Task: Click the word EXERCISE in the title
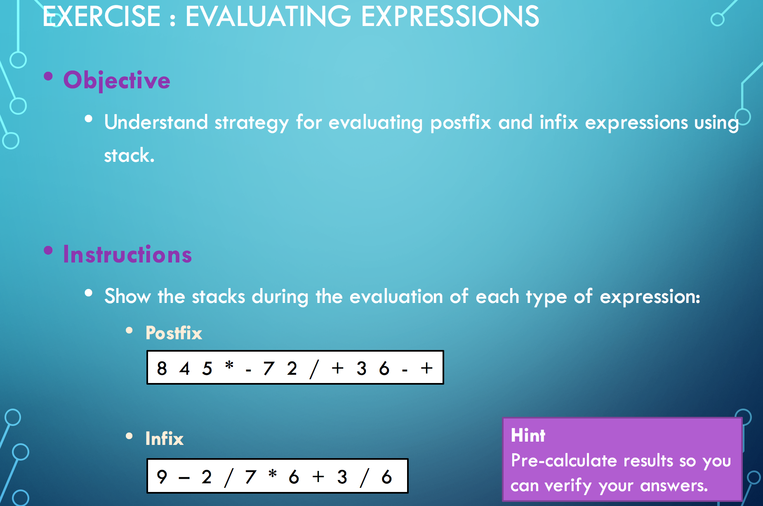click(x=101, y=16)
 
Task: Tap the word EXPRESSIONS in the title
click(x=450, y=16)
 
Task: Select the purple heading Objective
click(x=117, y=80)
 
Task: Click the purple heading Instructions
click(x=127, y=254)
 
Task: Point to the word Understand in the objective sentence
click(x=156, y=122)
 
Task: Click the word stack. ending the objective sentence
click(x=129, y=156)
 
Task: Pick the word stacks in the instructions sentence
click(x=219, y=297)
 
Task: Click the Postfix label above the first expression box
click(x=174, y=333)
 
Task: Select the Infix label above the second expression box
click(x=164, y=439)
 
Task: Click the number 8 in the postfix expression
click(x=162, y=368)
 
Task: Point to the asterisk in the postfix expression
click(x=229, y=365)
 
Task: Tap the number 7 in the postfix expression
click(x=269, y=368)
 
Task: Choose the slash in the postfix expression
click(x=314, y=369)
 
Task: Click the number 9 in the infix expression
click(x=162, y=477)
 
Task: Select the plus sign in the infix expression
click(x=318, y=477)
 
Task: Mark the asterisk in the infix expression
click(x=272, y=473)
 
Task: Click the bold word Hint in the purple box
click(x=528, y=435)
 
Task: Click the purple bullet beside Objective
click(x=48, y=76)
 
